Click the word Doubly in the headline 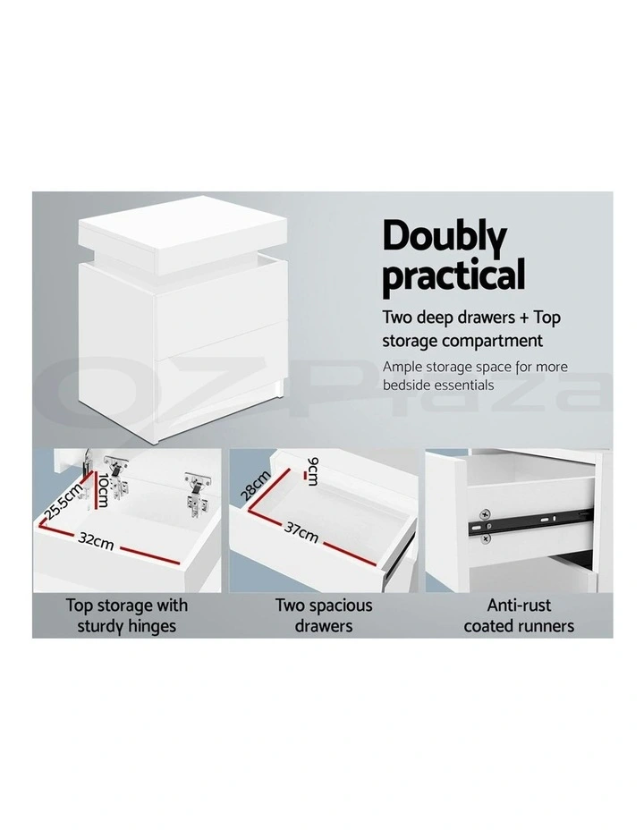(x=445, y=238)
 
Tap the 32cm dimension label (x=95, y=540)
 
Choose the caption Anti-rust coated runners (x=519, y=614)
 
